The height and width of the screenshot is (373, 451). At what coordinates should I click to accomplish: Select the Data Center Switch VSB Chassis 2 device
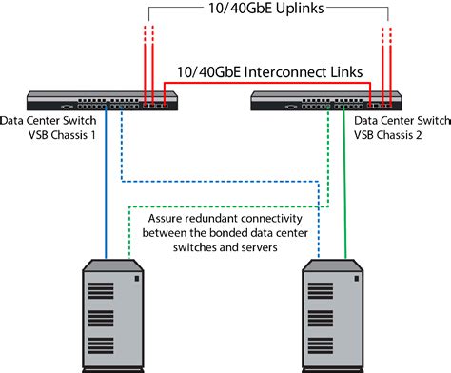click(324, 100)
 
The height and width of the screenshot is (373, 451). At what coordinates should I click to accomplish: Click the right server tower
click(333, 314)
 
